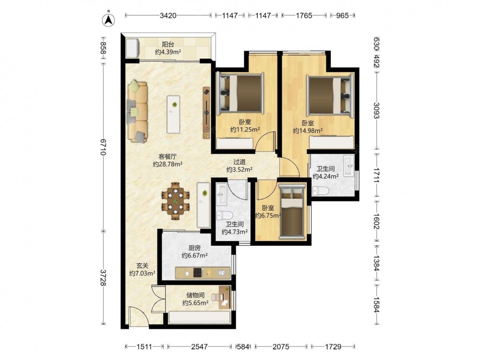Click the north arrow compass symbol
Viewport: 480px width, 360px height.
108,19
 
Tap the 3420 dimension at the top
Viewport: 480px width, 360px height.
168,15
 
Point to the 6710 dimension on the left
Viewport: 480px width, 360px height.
103,147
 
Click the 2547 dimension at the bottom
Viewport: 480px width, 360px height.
199,347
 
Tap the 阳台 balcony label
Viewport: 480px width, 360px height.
168,45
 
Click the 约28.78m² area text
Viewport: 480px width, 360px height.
168,164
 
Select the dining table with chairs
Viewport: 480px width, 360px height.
175,201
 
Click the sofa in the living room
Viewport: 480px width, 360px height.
137,111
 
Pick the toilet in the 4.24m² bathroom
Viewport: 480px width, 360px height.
320,191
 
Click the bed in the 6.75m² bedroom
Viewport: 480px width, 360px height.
292,212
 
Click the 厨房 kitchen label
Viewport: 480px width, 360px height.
194,248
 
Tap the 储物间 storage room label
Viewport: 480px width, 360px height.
195,295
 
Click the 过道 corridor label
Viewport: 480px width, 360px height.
239,162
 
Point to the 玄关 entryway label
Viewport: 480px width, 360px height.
142,266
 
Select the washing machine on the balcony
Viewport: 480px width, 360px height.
133,48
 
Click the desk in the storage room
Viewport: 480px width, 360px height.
224,297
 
